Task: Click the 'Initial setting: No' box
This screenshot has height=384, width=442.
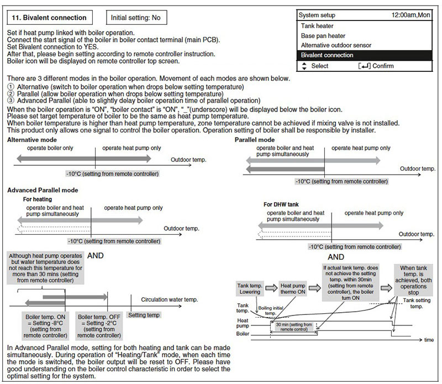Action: point(135,18)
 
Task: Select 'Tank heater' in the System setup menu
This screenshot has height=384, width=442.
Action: point(317,26)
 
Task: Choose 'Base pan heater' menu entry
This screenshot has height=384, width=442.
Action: point(324,36)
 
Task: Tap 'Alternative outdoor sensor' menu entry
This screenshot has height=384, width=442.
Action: point(336,45)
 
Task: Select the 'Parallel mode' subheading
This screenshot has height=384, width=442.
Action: point(254,140)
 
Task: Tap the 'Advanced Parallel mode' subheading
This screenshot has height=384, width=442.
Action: point(43,190)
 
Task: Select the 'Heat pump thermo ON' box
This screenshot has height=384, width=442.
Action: point(293,288)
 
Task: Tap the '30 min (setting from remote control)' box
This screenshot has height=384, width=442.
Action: point(293,327)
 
